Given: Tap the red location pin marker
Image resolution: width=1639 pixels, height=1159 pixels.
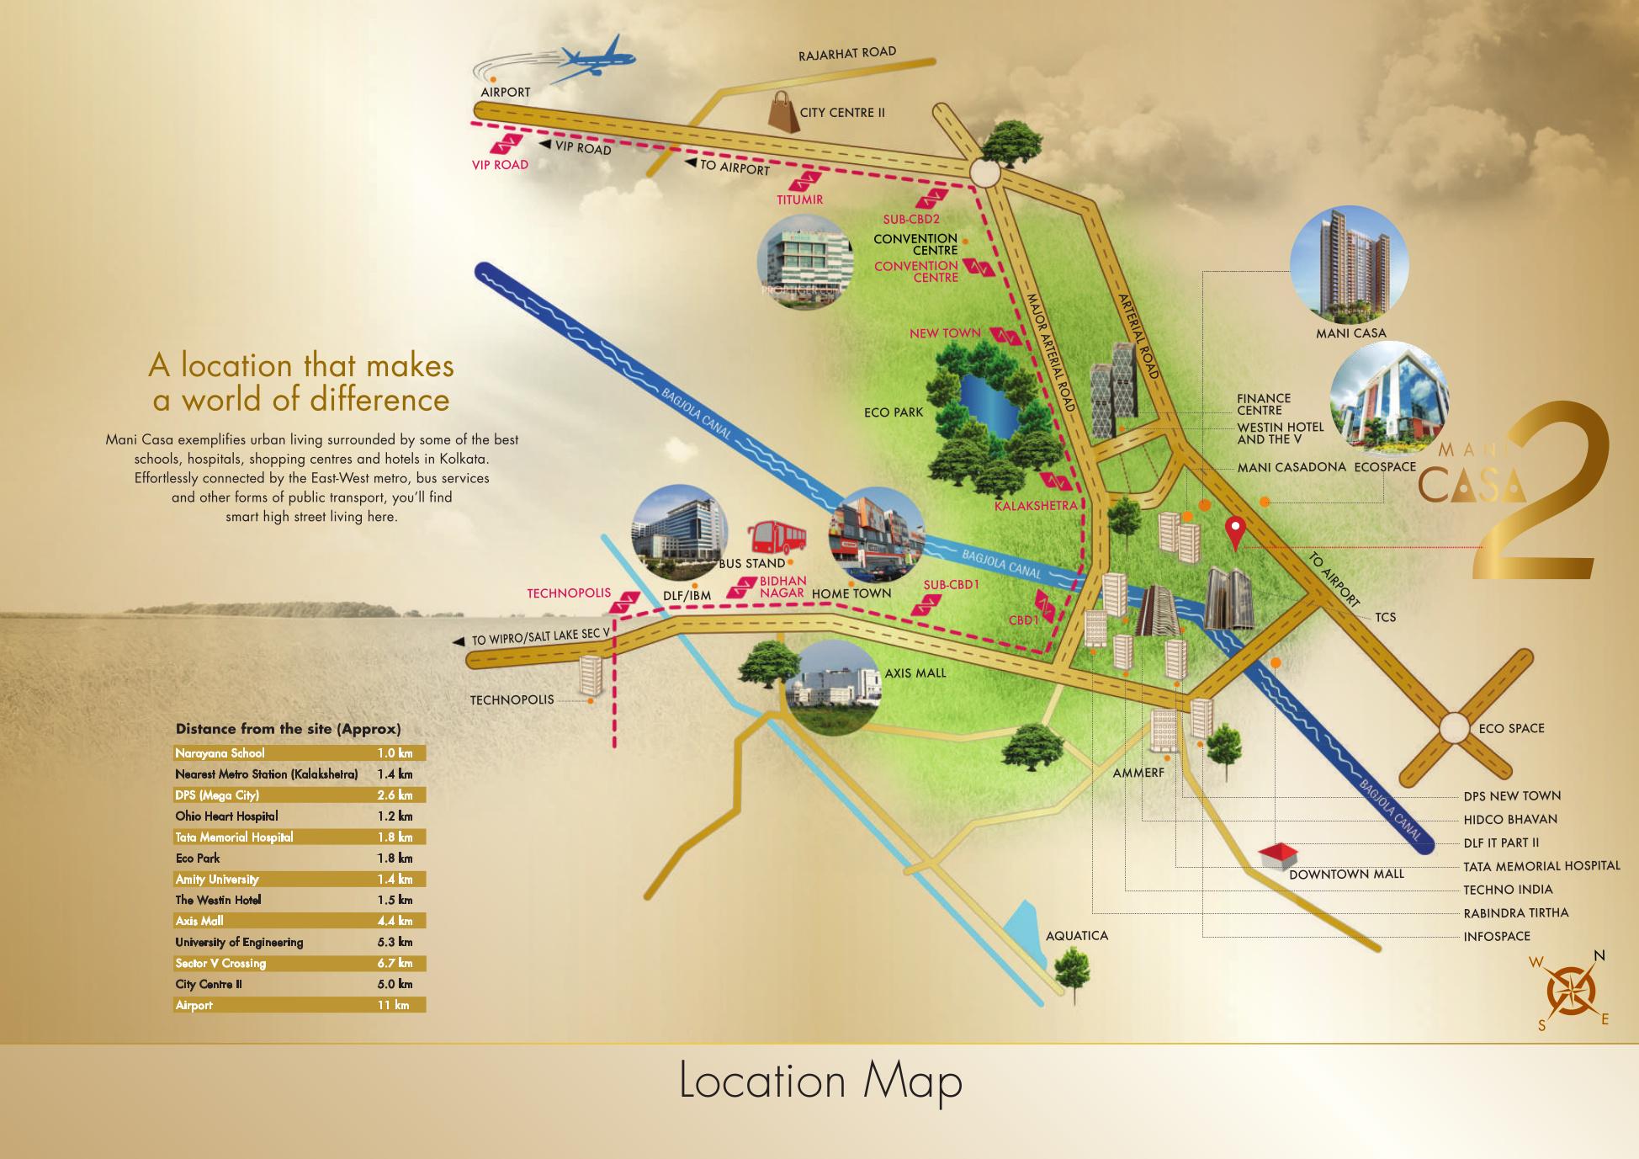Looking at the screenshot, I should pos(1234,532).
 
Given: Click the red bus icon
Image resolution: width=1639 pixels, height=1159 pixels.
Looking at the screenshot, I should pos(776,540).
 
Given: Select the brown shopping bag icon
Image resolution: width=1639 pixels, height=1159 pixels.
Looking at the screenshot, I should pos(782,112).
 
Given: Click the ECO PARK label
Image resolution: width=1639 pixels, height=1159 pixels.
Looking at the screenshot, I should pos(894,412).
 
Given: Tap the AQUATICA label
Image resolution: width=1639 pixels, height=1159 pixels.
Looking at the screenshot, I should pos(1076,936).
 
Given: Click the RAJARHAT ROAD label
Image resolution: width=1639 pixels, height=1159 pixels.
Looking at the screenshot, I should pos(847,53).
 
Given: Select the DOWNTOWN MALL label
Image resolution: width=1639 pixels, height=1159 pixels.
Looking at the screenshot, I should pos(1346,874).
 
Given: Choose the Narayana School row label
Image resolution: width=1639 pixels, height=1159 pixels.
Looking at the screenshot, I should pos(220,753).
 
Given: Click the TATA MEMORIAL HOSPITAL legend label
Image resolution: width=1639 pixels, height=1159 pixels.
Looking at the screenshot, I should pos(1541,865).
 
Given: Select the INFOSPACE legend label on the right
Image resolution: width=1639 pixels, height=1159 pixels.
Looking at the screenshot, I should pos(1497,936).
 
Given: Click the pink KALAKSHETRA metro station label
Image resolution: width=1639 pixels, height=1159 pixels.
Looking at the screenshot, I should pos(1036,506).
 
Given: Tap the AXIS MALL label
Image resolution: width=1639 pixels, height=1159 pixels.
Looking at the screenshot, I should pos(915,673).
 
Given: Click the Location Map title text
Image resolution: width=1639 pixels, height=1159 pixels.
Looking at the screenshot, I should pos(820,1082).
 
